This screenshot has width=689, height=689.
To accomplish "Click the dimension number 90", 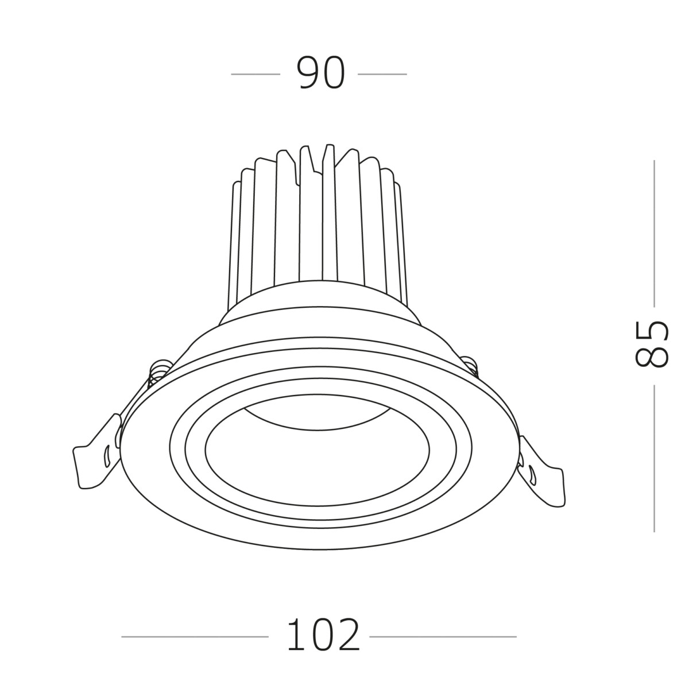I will tap(321, 74).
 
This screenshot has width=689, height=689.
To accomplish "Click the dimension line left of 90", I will tap(255, 74).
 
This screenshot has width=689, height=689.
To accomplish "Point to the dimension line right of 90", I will tap(382, 74).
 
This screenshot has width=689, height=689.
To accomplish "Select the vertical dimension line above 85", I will tap(654, 233).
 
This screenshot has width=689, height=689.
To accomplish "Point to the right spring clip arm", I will tap(543, 474).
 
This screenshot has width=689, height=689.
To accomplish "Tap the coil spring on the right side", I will tap(471, 366).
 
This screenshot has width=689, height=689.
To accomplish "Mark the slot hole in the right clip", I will tap(533, 474).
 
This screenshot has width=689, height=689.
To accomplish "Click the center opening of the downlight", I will tap(316, 454).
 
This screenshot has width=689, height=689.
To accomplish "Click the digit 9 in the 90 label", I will tap(308, 74).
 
